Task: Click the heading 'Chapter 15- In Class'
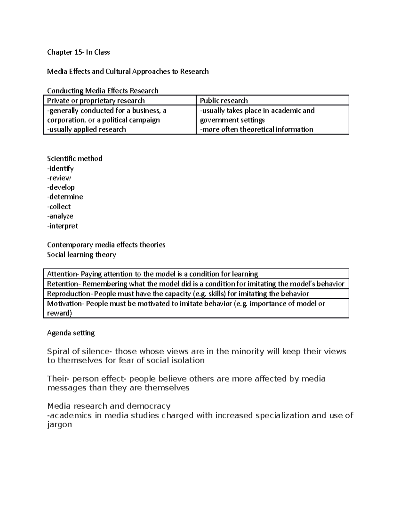(78, 52)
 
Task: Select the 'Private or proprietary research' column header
(96, 101)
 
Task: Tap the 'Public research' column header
(224, 101)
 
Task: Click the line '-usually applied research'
(86, 129)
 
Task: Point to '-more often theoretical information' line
(256, 129)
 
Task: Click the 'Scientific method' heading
(75, 158)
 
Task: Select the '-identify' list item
(60, 168)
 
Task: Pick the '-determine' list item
(65, 197)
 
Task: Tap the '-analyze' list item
(60, 216)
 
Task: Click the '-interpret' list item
(63, 226)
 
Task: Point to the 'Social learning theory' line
(81, 255)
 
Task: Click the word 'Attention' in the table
(62, 274)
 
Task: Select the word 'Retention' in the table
(63, 284)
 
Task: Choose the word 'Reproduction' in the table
(69, 294)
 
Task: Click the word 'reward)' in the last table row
(59, 313)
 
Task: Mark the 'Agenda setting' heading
(71, 333)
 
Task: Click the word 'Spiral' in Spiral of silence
(58, 352)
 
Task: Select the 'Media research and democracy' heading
(109, 406)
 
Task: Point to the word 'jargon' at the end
(59, 425)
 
